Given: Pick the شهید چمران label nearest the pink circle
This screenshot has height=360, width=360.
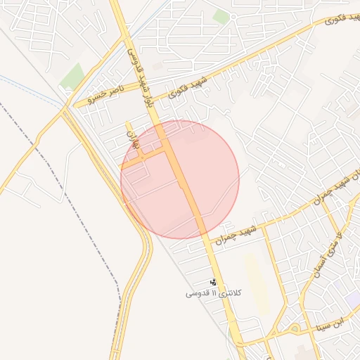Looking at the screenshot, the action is click(x=234, y=234).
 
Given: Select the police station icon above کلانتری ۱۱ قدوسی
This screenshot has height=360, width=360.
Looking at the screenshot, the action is click(x=214, y=281).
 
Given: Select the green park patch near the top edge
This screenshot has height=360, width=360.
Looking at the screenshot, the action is click(x=221, y=16).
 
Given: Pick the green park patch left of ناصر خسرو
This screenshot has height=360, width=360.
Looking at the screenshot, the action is click(x=72, y=76).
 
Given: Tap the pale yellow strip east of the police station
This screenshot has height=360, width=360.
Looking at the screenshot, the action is click(x=255, y=281).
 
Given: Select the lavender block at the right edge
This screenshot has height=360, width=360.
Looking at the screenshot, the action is click(x=354, y=299).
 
